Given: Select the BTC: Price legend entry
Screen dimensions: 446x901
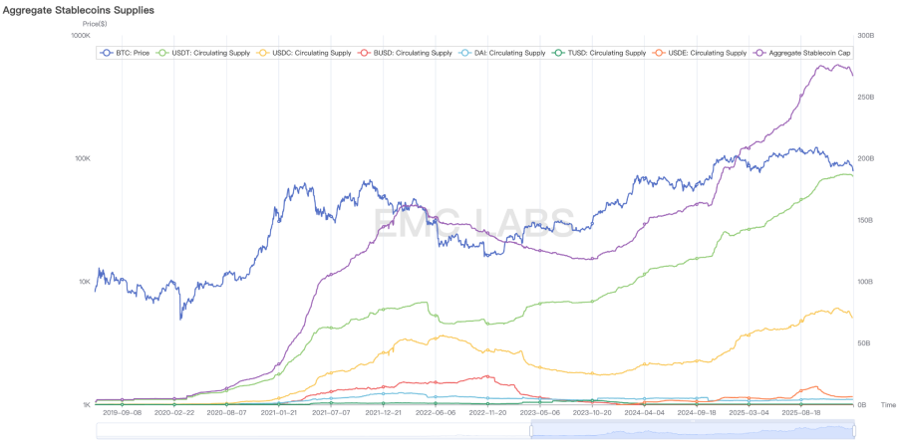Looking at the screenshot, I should (x=126, y=52).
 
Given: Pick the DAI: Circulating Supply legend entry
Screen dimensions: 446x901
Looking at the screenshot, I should (x=503, y=52).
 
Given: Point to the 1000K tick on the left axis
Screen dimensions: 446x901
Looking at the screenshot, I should (x=79, y=35).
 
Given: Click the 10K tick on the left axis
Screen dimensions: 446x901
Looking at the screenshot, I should (x=82, y=282).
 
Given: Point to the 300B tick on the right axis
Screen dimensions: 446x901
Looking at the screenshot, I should (x=866, y=35).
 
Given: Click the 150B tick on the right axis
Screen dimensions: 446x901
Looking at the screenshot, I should (x=866, y=220).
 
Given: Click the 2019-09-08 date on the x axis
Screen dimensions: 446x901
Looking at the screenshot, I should (x=123, y=411).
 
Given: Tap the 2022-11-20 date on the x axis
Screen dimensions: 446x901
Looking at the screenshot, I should (x=488, y=411).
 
